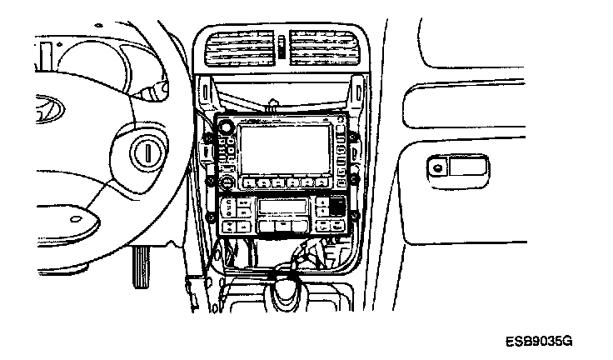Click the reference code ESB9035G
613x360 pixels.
[538, 342]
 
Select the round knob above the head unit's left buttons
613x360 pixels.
[225, 127]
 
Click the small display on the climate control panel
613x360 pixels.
[283, 208]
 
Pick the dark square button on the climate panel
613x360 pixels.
[336, 207]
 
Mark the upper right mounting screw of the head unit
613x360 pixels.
[353, 136]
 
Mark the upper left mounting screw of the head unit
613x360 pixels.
[207, 136]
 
